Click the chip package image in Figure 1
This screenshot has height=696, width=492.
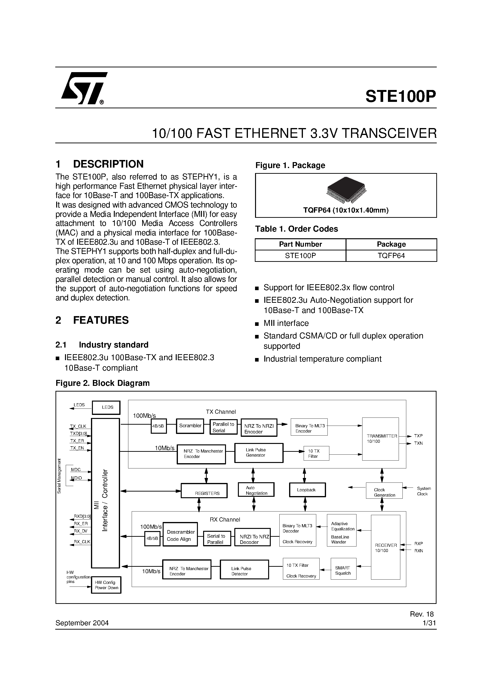(x=346, y=190)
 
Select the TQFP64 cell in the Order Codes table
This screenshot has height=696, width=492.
(x=391, y=256)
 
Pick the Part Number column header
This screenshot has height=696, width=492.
(x=300, y=244)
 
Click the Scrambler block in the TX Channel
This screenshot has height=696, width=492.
(x=190, y=426)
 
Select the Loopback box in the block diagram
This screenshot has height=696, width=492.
(x=307, y=490)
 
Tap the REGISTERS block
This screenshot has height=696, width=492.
(x=204, y=491)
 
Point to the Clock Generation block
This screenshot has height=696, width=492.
(x=384, y=491)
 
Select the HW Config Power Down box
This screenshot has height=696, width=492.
(x=106, y=585)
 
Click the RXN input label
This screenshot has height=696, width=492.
(x=419, y=551)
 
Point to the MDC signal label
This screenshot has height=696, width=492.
(x=76, y=470)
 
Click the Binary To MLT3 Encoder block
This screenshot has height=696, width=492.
(x=309, y=427)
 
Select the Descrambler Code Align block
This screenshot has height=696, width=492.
(x=180, y=535)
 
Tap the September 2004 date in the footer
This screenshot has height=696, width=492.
(x=82, y=623)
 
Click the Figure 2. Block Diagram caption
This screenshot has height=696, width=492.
(x=103, y=383)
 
